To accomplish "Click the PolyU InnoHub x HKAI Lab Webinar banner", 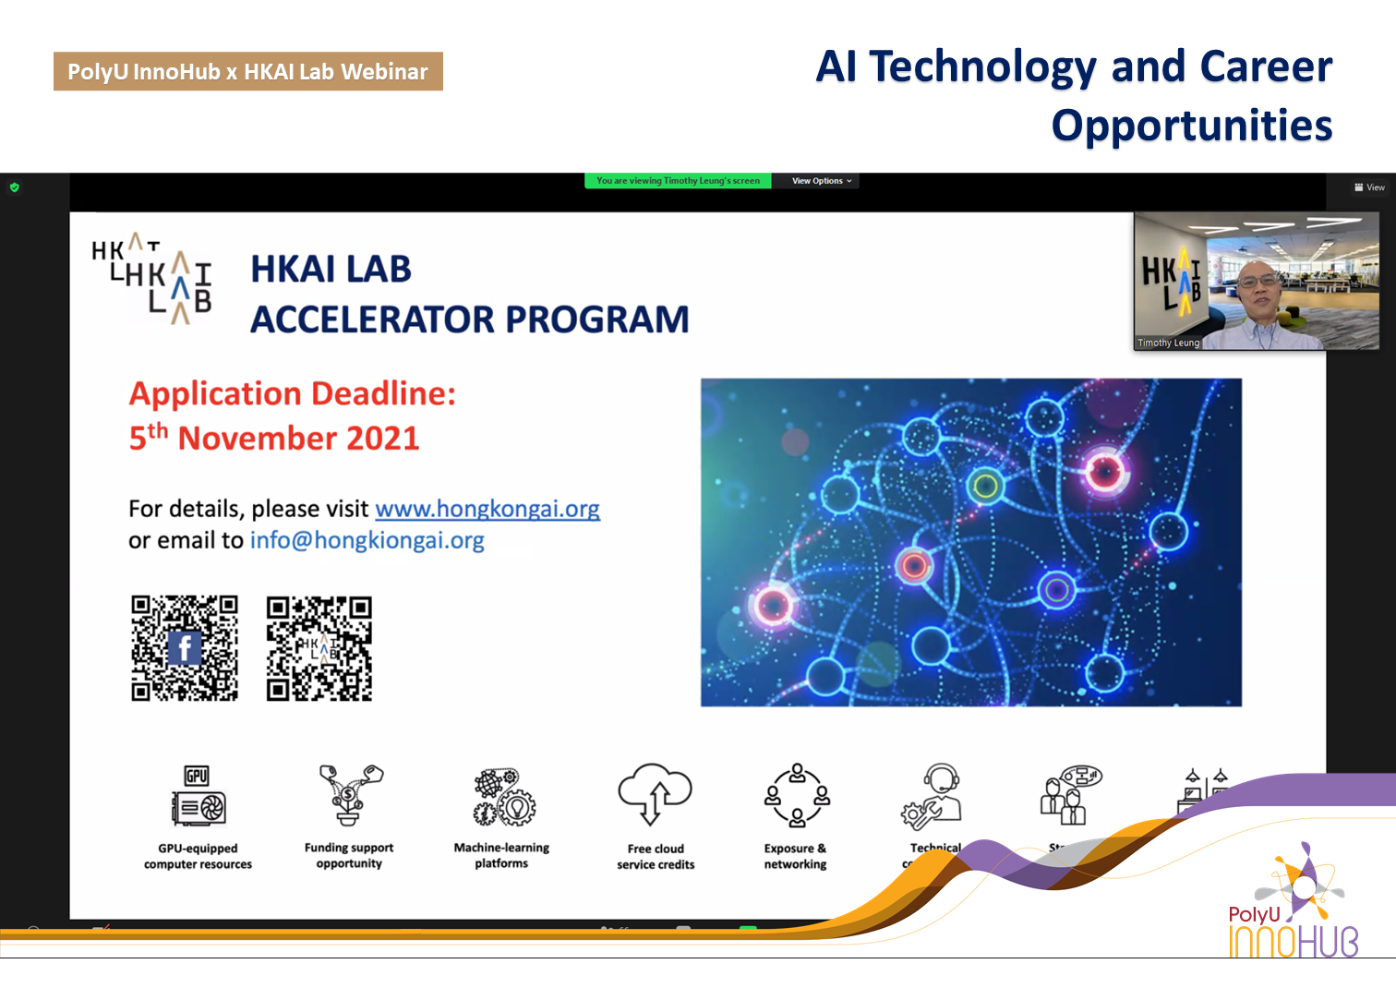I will tap(247, 71).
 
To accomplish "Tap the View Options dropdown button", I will tap(821, 181).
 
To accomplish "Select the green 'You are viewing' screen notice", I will tap(678, 181).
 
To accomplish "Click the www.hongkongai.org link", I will tap(487, 509).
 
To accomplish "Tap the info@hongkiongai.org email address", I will tap(367, 540).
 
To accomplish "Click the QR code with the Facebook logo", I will tap(185, 647).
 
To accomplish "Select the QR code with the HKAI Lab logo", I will tap(319, 647).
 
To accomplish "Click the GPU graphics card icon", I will tap(198, 796).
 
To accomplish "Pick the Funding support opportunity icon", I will tap(349, 794).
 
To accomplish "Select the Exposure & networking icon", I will tap(796, 795).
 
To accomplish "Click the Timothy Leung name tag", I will tap(1168, 343).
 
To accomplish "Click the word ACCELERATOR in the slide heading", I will tap(372, 319).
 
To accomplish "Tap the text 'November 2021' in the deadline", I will tap(297, 438).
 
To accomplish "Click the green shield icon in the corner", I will tap(14, 187).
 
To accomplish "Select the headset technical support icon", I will tap(933, 796).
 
